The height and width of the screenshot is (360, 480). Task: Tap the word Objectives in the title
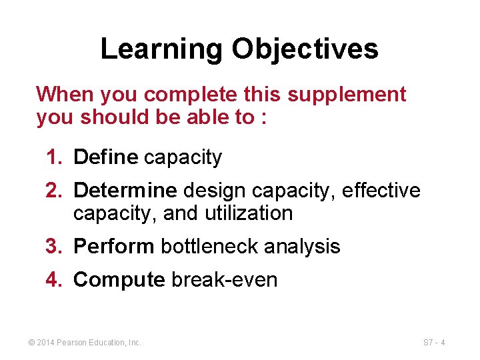(x=305, y=49)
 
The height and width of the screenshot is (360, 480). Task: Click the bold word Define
(x=105, y=157)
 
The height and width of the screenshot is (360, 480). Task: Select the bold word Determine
(x=125, y=191)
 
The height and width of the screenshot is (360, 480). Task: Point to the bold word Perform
(x=114, y=247)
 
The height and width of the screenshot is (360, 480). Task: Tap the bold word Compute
(x=119, y=280)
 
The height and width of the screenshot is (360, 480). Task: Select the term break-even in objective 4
(x=225, y=280)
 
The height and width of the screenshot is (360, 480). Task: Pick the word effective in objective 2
(x=381, y=191)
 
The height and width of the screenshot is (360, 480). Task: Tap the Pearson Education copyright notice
(x=85, y=343)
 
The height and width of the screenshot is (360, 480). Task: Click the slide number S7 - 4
(x=434, y=343)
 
